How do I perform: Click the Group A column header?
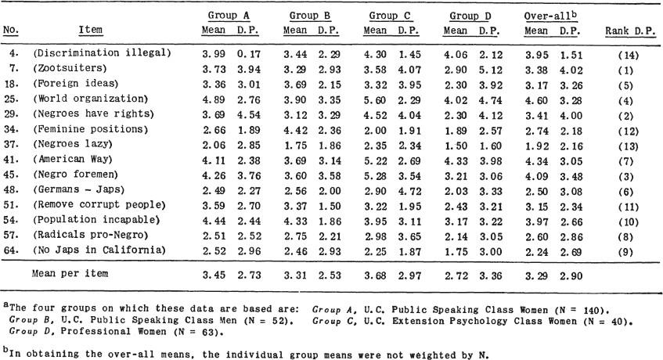click(229, 16)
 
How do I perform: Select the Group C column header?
click(390, 16)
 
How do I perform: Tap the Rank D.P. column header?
click(630, 31)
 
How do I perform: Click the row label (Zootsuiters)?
click(70, 68)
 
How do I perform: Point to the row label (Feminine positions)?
click(91, 129)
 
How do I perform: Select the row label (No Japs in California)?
click(99, 250)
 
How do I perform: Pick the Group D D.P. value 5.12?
click(491, 70)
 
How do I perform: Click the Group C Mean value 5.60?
click(376, 100)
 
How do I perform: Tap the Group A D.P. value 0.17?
click(249, 55)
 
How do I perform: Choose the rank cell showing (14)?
click(628, 56)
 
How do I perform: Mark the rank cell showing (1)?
click(625, 70)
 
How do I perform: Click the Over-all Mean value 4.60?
click(537, 100)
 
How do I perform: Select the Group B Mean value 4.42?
click(295, 131)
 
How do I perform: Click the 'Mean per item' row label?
click(70, 273)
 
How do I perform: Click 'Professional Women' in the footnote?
click(114, 331)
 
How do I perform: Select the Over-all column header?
click(550, 16)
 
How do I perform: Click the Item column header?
click(91, 30)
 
